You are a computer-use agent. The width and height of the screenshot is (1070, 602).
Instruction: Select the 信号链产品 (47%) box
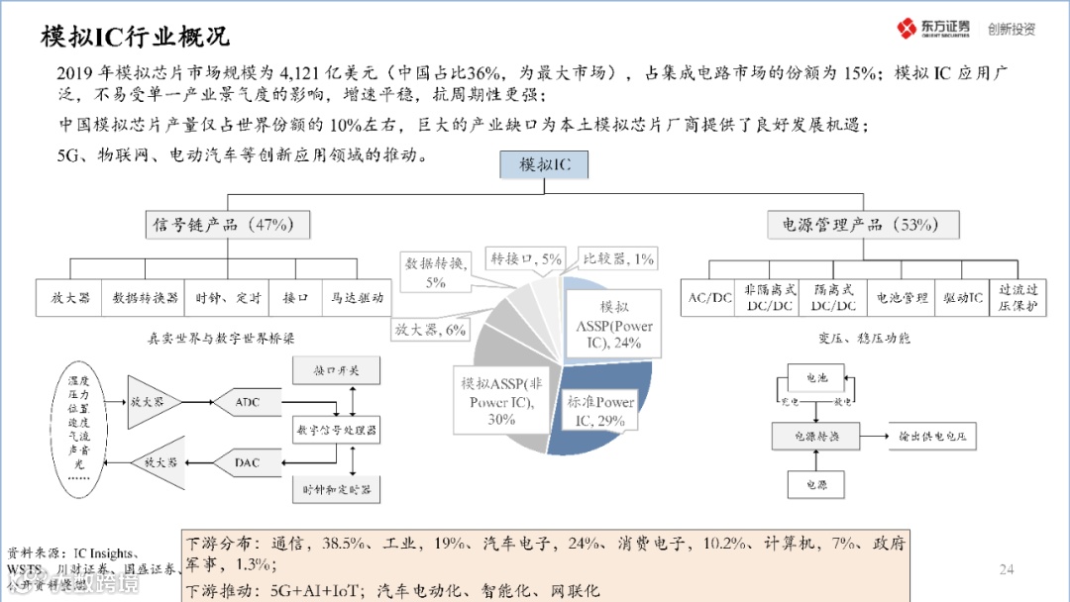click(227, 225)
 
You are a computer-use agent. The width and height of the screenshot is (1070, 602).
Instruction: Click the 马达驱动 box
click(357, 297)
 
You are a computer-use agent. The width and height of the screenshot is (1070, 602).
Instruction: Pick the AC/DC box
click(709, 297)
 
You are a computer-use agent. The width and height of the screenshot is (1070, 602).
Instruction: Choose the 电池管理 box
click(902, 297)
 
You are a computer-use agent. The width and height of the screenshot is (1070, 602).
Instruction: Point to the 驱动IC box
click(962, 297)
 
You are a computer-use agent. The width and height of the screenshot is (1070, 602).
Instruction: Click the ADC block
click(247, 402)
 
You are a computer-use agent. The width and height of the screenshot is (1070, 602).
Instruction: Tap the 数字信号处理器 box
click(336, 431)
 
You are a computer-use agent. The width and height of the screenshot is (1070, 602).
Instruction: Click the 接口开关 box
click(336, 371)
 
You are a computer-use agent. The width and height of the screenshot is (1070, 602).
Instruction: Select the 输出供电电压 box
click(931, 436)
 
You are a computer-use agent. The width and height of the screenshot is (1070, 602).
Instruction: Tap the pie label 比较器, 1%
click(618, 259)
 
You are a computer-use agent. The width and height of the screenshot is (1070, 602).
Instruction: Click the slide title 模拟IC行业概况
click(135, 38)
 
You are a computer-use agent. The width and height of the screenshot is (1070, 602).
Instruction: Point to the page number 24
click(1007, 568)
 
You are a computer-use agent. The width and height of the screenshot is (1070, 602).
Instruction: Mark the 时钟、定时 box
click(229, 297)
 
